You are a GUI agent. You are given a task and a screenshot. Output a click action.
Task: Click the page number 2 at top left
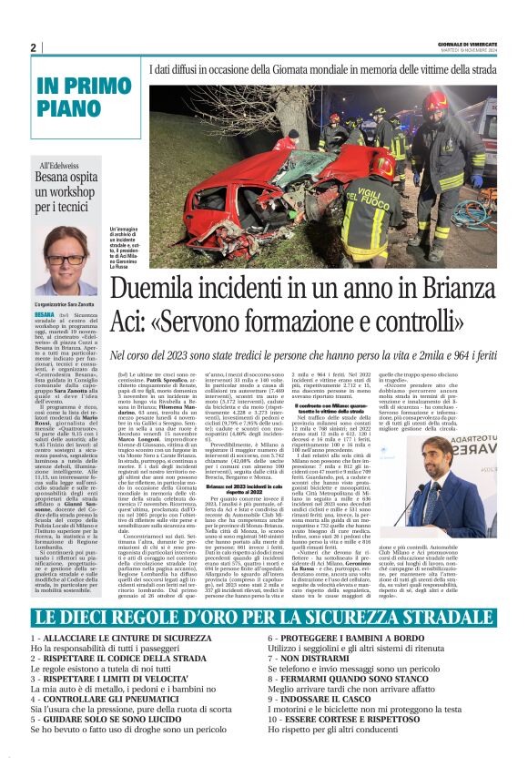[33, 47]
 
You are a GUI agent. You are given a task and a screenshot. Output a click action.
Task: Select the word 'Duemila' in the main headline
[159, 290]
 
